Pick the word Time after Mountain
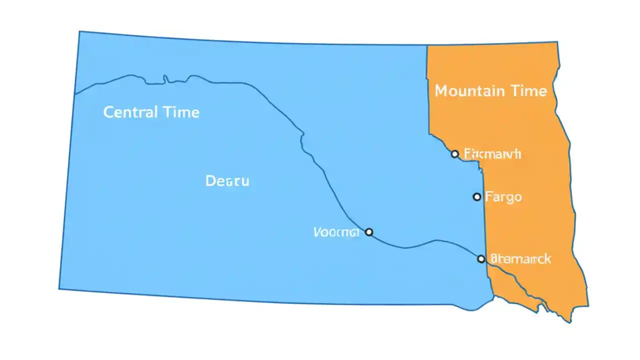[x=528, y=91]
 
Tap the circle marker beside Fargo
[x=477, y=197]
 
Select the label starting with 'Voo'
[x=336, y=232]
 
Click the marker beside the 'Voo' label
[x=369, y=232]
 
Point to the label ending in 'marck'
[x=520, y=259]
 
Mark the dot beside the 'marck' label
[x=481, y=259]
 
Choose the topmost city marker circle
[x=454, y=154]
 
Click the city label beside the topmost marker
[x=492, y=153]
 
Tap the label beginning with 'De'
[x=227, y=181]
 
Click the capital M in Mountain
[x=441, y=91]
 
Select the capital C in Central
[x=108, y=112]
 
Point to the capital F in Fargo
[x=489, y=196]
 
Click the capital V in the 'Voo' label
[x=317, y=232]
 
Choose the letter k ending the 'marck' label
[x=547, y=259]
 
